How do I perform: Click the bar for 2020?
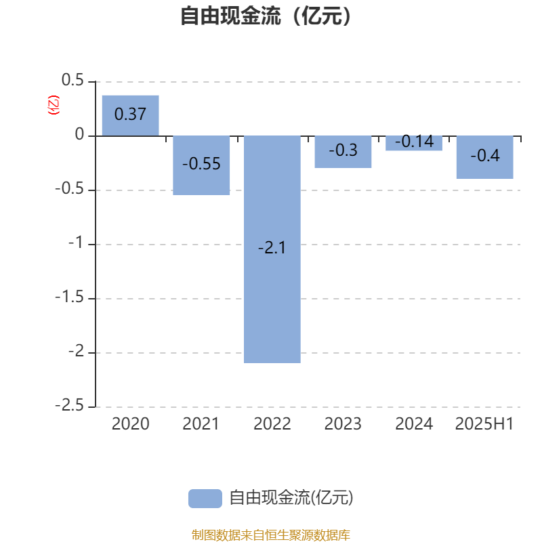click(x=130, y=115)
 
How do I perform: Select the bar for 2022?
click(x=272, y=249)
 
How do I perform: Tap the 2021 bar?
click(x=201, y=165)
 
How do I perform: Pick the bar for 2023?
click(x=343, y=152)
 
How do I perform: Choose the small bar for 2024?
click(x=414, y=143)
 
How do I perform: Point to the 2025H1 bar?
click(x=484, y=157)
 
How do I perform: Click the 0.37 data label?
click(x=130, y=114)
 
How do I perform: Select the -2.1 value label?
click(x=272, y=247)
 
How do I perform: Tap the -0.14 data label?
click(x=414, y=142)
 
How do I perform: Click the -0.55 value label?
click(x=201, y=163)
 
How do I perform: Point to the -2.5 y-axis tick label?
click(x=70, y=405)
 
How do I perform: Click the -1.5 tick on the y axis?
click(x=70, y=297)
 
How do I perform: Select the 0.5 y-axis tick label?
click(x=72, y=80)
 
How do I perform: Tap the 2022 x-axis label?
click(x=272, y=424)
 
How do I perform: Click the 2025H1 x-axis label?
click(x=484, y=424)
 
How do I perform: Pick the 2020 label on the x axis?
click(x=130, y=424)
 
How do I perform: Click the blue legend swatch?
click(x=205, y=499)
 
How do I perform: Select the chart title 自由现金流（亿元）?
click(x=266, y=16)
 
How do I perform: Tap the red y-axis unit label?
click(x=54, y=105)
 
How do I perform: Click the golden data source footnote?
click(x=270, y=535)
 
